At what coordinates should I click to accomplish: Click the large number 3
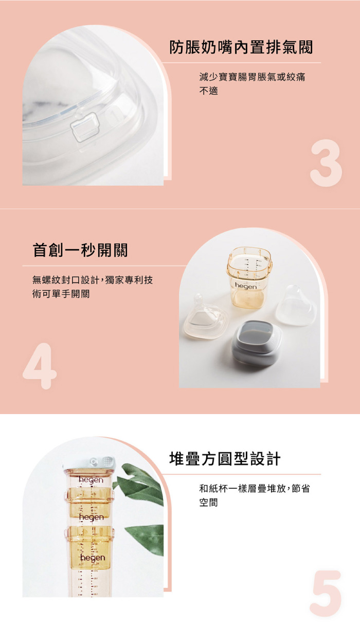click(x=326, y=165)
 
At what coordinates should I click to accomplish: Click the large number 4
click(x=40, y=366)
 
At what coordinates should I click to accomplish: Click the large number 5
click(x=326, y=593)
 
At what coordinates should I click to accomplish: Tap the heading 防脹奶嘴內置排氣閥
click(x=241, y=47)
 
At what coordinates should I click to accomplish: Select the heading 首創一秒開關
click(x=80, y=250)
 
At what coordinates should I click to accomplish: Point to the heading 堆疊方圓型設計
click(x=225, y=459)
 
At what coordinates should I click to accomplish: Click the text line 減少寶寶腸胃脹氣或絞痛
click(x=252, y=77)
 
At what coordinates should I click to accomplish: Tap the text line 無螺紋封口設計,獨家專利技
click(x=93, y=280)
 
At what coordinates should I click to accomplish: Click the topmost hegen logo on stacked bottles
click(x=91, y=480)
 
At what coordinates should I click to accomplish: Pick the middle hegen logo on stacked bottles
click(x=91, y=516)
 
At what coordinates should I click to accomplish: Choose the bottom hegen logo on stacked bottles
click(x=92, y=558)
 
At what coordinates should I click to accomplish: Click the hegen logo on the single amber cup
click(x=246, y=285)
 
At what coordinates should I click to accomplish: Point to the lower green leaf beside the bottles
click(x=146, y=535)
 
